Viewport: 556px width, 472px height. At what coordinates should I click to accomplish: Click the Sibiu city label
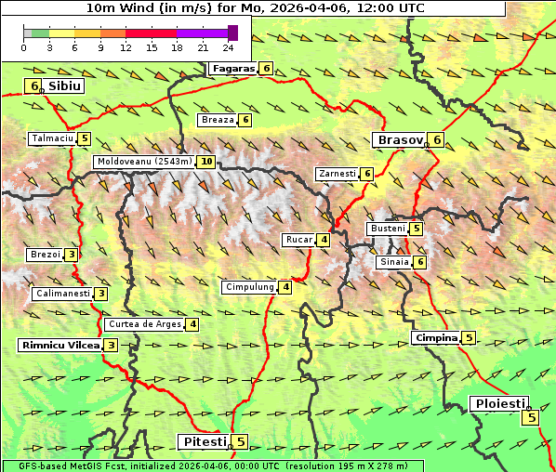(x=65, y=85)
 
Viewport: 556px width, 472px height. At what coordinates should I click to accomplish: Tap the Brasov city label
(x=399, y=139)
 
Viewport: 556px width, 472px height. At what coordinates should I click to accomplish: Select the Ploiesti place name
(x=500, y=403)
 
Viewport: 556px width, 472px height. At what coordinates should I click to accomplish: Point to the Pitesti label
(x=204, y=441)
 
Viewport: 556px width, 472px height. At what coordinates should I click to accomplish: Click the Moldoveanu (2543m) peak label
(x=144, y=161)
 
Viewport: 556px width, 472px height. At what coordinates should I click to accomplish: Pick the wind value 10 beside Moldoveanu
(x=206, y=161)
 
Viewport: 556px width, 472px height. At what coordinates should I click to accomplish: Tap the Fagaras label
(x=232, y=68)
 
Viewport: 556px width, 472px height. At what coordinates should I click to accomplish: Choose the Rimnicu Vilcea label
(x=60, y=345)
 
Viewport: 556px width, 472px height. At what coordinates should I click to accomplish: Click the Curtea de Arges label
(x=143, y=324)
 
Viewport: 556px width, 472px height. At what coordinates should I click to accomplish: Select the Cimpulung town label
(x=249, y=287)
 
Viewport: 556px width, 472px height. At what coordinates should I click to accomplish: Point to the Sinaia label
(x=393, y=262)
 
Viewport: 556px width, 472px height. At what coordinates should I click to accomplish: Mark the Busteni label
(x=387, y=228)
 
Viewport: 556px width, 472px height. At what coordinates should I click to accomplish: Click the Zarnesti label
(x=337, y=174)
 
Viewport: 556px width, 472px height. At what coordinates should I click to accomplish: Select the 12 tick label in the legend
(x=126, y=47)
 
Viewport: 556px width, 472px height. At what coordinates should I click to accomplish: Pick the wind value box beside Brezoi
(x=72, y=255)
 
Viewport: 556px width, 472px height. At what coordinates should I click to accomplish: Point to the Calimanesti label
(x=62, y=294)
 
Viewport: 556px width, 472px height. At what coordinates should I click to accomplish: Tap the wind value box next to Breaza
(x=245, y=120)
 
